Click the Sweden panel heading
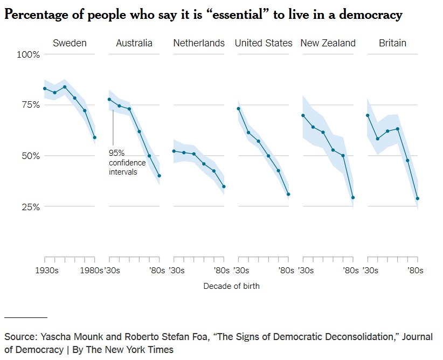[70, 43]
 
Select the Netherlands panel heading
[199, 43]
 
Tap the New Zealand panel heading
[328, 43]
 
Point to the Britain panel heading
[392, 43]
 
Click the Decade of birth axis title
[231, 286]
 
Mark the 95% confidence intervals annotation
[127, 162]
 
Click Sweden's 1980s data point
[94, 137]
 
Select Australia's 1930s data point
[109, 99]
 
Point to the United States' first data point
[238, 109]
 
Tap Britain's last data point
[418, 198]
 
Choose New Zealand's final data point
[353, 198]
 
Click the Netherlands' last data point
[224, 186]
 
